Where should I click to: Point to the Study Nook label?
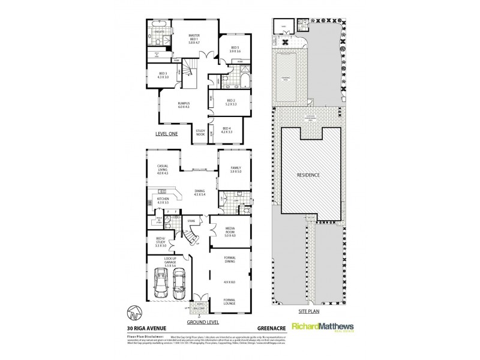coord(200,132)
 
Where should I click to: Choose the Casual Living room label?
coord(162,169)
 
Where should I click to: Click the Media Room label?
coord(230,232)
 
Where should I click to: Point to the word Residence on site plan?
coord(311,175)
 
